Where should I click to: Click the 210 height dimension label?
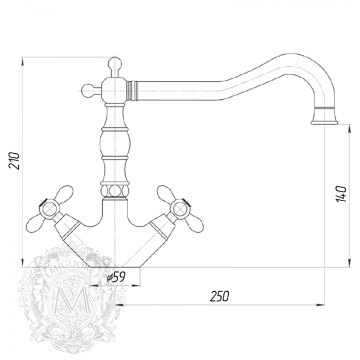point(15,160)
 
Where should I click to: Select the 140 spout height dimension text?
point(341,194)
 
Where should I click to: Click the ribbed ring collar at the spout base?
point(132,91)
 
